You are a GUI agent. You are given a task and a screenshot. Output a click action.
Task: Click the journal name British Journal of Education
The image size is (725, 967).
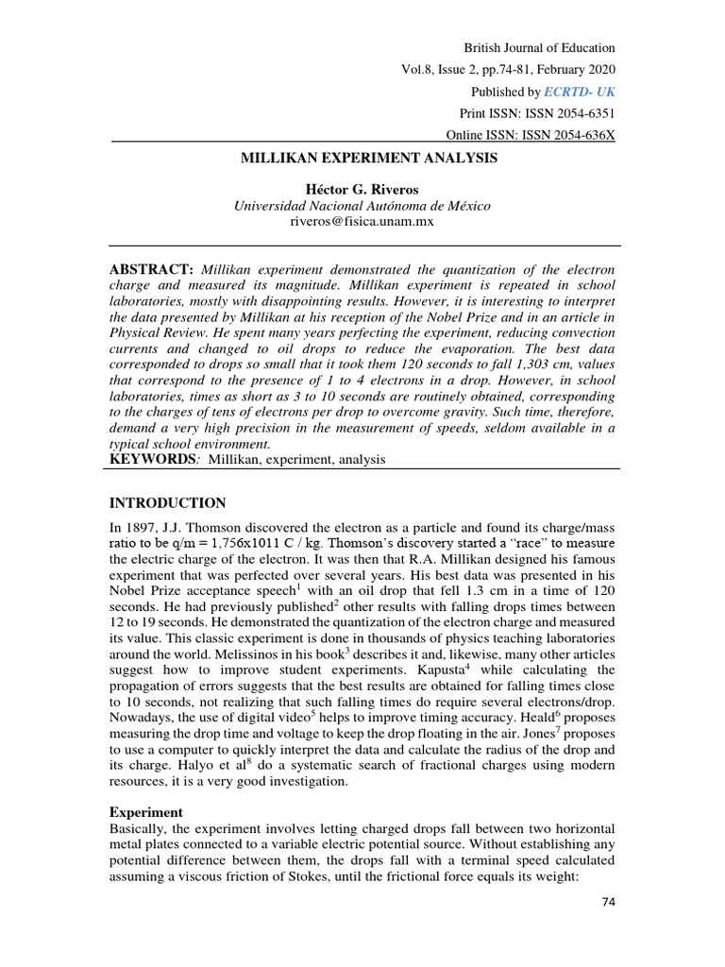click(539, 48)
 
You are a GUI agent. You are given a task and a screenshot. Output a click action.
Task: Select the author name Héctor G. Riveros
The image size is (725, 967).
click(362, 191)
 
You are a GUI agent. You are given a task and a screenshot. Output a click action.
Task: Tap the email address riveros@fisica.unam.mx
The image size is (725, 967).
click(362, 223)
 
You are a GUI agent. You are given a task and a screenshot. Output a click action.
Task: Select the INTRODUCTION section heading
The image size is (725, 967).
click(167, 502)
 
